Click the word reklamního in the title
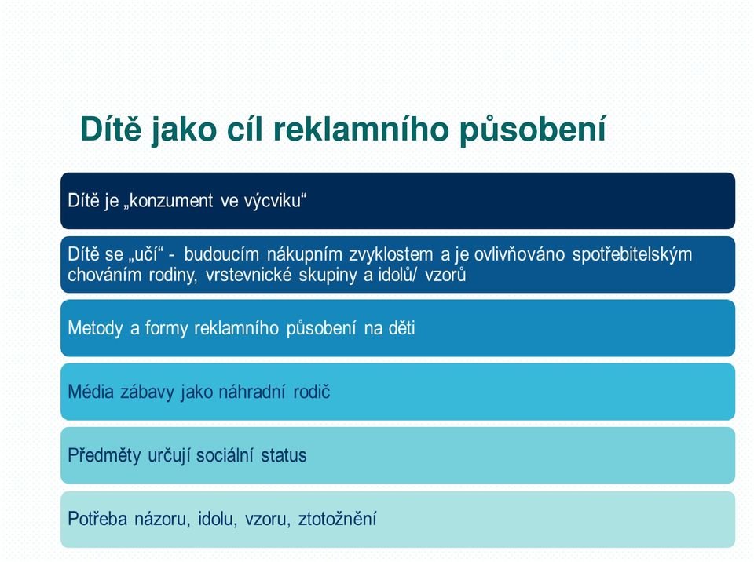coord(361,130)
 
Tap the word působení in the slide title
coord(533,130)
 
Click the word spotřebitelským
coord(631,254)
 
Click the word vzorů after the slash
coord(445,275)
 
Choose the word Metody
coord(95,328)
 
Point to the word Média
coord(90,392)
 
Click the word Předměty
coord(104,455)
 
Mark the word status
coord(284,455)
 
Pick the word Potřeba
coord(97,519)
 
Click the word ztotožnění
coord(337,519)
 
